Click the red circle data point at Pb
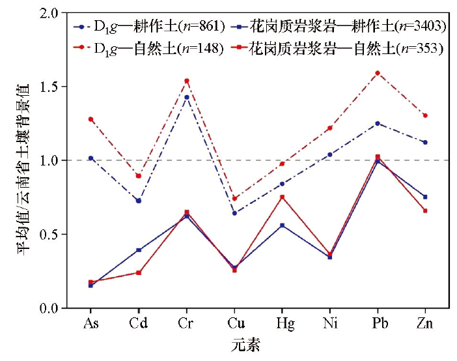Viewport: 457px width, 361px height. point(377,73)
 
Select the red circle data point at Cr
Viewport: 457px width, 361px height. point(186,81)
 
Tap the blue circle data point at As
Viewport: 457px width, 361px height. point(91,158)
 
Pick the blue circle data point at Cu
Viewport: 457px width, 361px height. point(234,213)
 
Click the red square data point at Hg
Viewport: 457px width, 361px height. point(282,197)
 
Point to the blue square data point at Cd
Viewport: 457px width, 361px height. point(139,250)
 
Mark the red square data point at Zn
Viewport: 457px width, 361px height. point(424,210)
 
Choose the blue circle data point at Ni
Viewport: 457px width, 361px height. point(329,154)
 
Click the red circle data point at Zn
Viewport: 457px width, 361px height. point(424,115)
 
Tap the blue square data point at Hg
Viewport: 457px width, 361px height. point(282,225)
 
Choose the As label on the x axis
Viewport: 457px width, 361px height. point(91,323)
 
